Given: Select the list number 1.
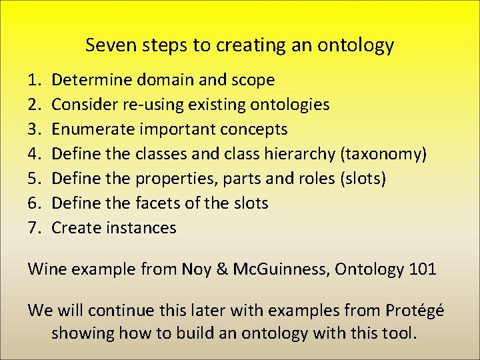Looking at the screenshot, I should pyautogui.click(x=33, y=80).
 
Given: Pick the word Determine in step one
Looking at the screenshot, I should pyautogui.click(x=92, y=80).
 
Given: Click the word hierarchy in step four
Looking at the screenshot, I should pyautogui.click(x=303, y=154).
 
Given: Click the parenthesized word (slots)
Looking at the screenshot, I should pyautogui.click(x=363, y=179).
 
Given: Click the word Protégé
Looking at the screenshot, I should pyautogui.click(x=415, y=311).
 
